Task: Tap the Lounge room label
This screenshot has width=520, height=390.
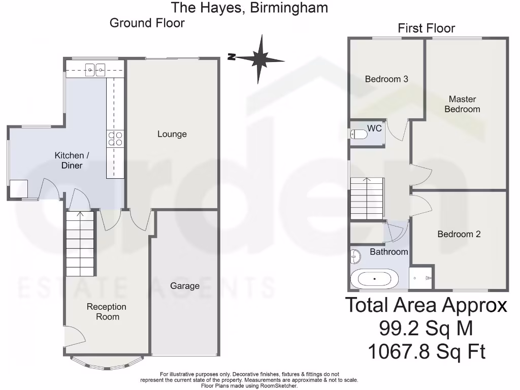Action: [172, 134]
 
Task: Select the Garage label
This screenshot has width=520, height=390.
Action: [185, 286]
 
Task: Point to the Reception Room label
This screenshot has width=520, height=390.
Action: [106, 312]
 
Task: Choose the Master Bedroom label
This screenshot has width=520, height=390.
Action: [462, 104]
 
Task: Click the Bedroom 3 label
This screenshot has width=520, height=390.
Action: [386, 79]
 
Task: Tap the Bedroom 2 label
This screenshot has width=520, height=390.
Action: [459, 234]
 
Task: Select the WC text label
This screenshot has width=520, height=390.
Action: [374, 128]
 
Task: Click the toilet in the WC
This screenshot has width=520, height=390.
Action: [359, 134]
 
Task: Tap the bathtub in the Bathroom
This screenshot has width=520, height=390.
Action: [375, 279]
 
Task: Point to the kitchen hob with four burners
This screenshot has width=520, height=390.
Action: [115, 139]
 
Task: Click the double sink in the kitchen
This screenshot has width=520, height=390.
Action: [95, 69]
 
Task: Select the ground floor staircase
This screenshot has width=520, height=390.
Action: [80, 244]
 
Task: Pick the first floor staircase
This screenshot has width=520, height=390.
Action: [367, 199]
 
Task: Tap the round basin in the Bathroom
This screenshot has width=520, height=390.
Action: [355, 257]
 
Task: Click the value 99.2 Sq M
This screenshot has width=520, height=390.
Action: [426, 329]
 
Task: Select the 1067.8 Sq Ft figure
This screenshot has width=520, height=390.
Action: [426, 351]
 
